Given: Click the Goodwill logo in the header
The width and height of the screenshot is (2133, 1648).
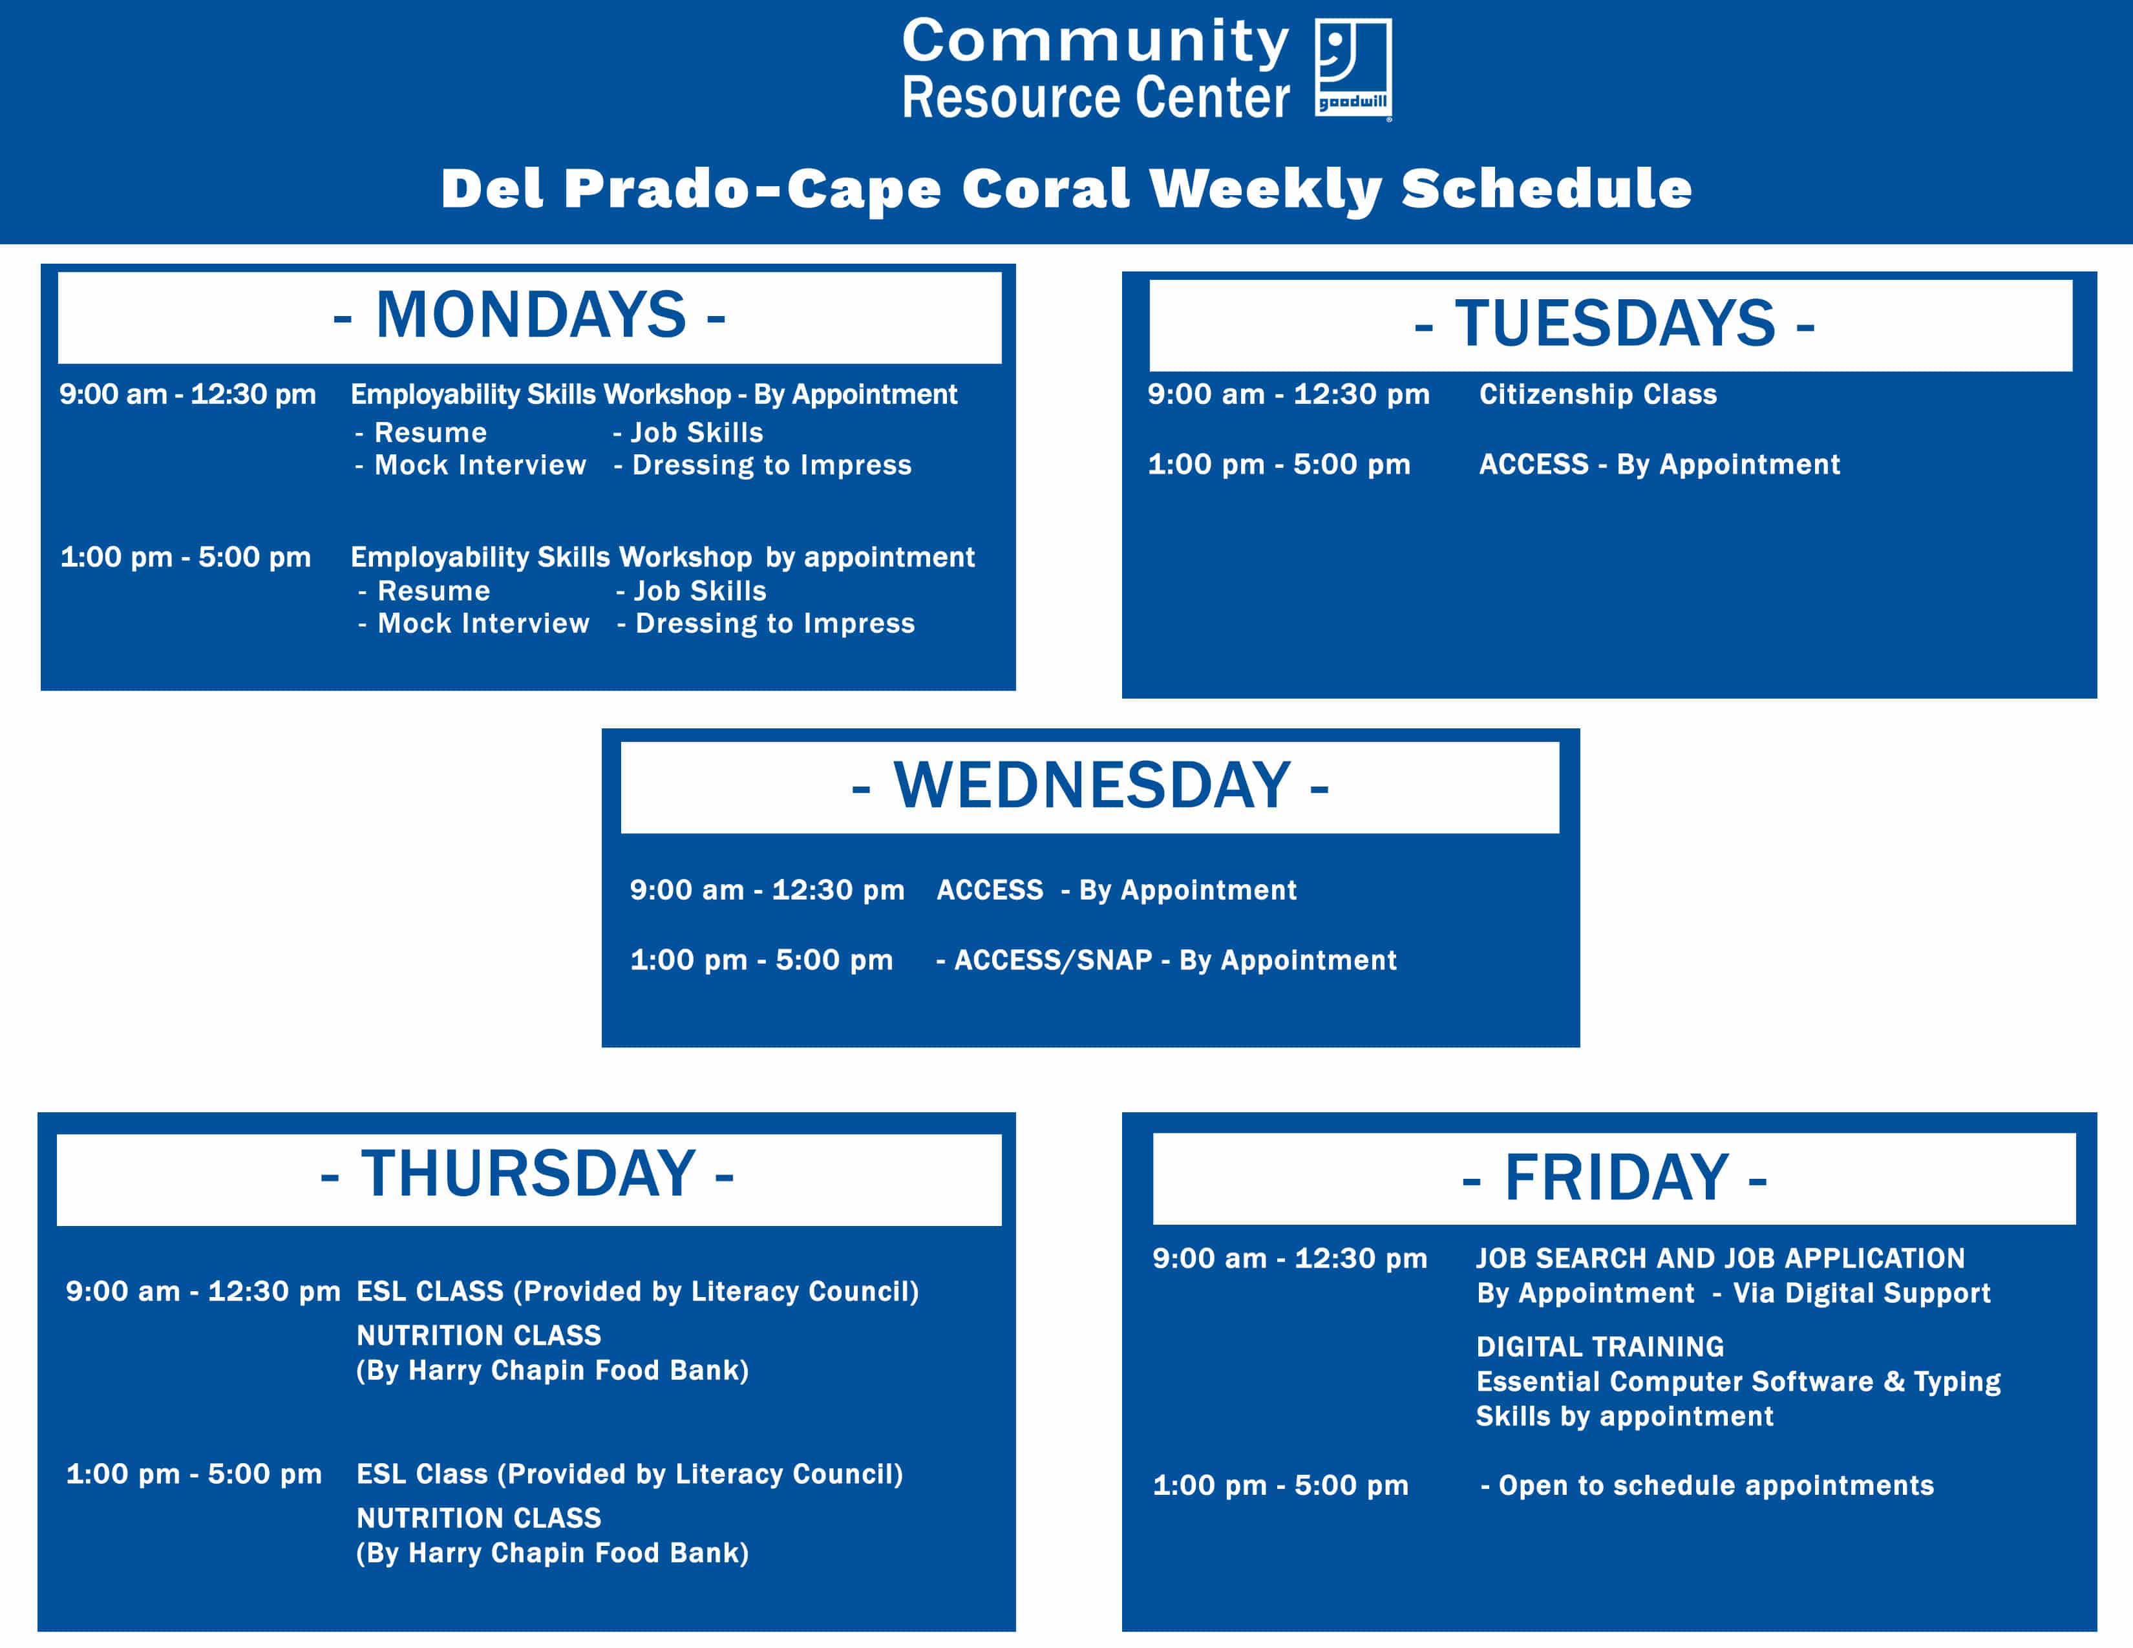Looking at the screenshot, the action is point(1353,69).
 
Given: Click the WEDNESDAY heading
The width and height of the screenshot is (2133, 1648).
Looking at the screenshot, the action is point(1090,785).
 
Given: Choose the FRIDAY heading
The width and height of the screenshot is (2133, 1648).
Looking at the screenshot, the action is point(1615,1178).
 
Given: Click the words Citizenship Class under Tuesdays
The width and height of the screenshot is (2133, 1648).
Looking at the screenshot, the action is point(1598,394).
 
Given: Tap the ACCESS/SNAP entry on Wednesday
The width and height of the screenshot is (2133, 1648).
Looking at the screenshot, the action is point(1166,960).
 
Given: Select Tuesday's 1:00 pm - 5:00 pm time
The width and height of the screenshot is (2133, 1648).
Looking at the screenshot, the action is point(1279,465).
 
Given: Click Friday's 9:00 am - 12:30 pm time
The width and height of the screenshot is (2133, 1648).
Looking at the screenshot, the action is point(1290,1258).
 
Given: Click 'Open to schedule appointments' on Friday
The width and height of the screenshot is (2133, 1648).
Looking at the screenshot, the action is point(1707,1485).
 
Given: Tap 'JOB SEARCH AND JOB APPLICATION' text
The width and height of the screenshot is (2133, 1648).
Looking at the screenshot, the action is point(1720,1258).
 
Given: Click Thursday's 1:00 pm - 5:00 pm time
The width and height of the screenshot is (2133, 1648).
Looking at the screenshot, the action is point(193,1474).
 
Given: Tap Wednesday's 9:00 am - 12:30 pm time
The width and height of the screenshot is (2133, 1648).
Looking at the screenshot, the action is point(767,891).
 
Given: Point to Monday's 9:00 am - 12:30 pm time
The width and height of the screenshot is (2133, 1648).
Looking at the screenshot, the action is point(187,394).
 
